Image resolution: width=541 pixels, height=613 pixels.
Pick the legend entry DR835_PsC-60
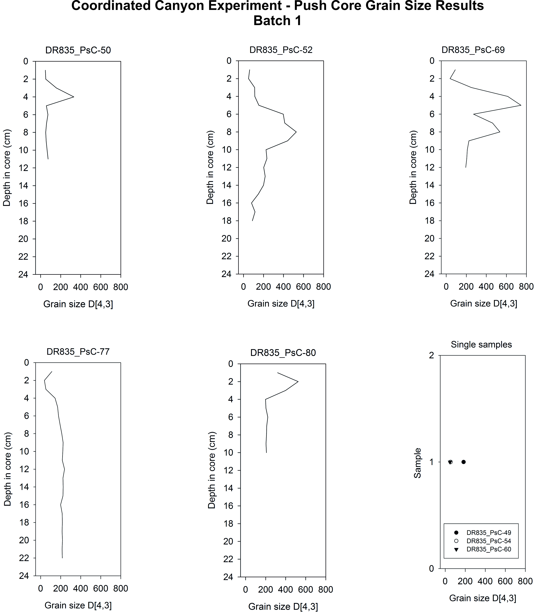(x=488, y=549)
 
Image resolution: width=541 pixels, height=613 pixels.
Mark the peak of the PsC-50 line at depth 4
(x=74, y=97)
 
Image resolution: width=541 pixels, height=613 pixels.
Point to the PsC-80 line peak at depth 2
(x=298, y=381)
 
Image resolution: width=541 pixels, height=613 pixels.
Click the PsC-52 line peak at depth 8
(x=296, y=132)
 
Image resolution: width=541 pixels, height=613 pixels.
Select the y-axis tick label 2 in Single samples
(x=431, y=355)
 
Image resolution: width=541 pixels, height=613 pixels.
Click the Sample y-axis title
(x=417, y=463)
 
